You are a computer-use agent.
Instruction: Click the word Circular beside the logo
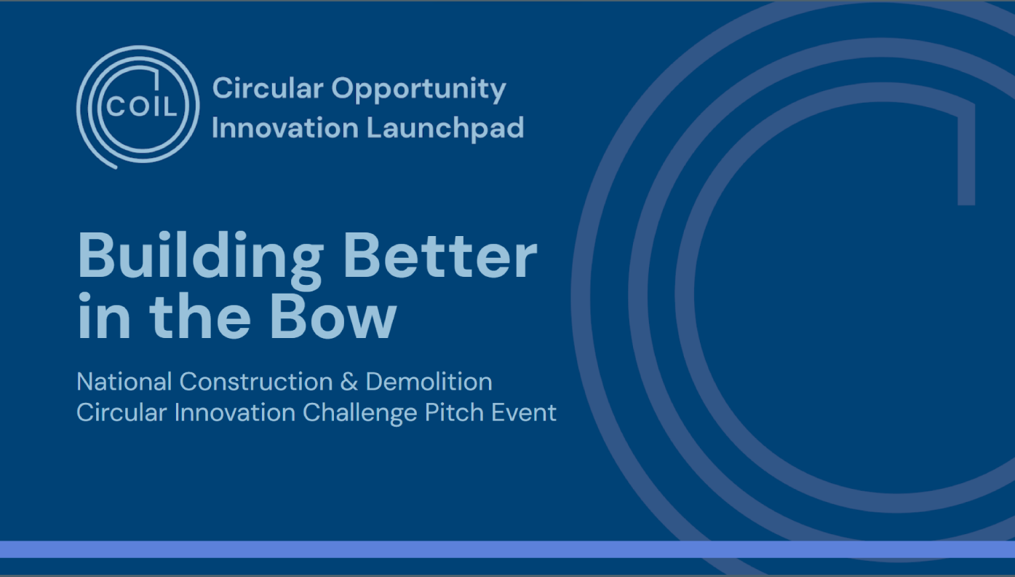(268, 87)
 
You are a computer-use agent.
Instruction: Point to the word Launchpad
(445, 129)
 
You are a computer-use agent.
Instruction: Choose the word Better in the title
(440, 256)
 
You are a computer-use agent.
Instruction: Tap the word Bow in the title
(333, 317)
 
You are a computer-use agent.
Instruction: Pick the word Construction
(256, 382)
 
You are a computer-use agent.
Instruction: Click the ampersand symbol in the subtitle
(349, 382)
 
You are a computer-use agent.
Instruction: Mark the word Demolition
(429, 382)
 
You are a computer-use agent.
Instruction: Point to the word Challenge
(359, 414)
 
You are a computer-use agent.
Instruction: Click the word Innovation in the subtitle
(235, 412)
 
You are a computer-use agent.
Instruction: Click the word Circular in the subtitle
(122, 412)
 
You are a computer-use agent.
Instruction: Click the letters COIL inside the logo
(141, 107)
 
